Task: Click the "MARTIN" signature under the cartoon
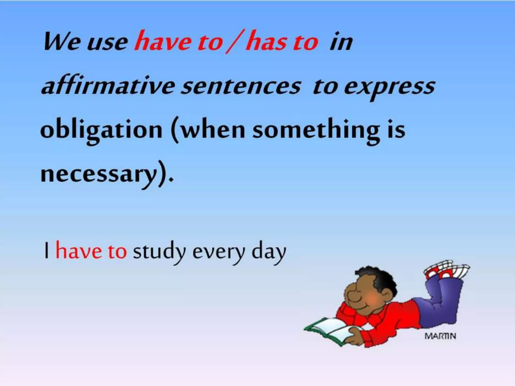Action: (440, 336)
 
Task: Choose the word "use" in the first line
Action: (107, 43)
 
